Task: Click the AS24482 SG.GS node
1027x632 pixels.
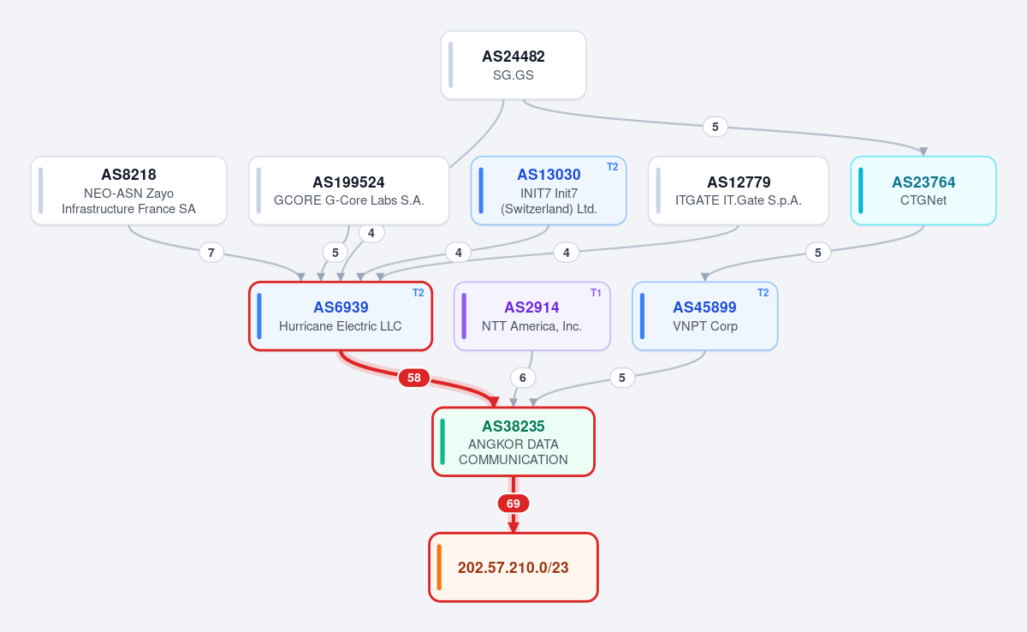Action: (513, 65)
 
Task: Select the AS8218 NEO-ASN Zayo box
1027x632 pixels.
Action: (129, 190)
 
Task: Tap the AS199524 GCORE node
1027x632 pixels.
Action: (348, 190)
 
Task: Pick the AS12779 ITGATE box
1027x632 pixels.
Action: (738, 190)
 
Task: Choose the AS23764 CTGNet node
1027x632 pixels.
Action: (923, 190)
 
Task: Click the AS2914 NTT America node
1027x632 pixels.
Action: (531, 316)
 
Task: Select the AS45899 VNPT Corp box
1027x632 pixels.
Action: (704, 316)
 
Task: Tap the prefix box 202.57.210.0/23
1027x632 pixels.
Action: (513, 567)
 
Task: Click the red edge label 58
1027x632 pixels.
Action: (414, 378)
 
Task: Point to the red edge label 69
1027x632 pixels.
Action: (513, 504)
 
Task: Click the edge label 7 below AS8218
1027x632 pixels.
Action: (211, 253)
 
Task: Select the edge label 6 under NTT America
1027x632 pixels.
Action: (522, 378)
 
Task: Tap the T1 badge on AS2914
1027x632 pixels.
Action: (596, 293)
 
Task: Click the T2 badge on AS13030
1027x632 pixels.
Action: (612, 167)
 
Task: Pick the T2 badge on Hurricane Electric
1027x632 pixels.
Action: (418, 293)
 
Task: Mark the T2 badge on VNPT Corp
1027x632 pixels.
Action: (763, 293)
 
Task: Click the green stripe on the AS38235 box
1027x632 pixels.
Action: (442, 442)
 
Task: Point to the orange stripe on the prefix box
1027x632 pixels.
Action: (439, 567)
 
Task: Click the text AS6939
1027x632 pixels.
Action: (341, 307)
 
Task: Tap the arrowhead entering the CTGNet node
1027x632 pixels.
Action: (923, 152)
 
